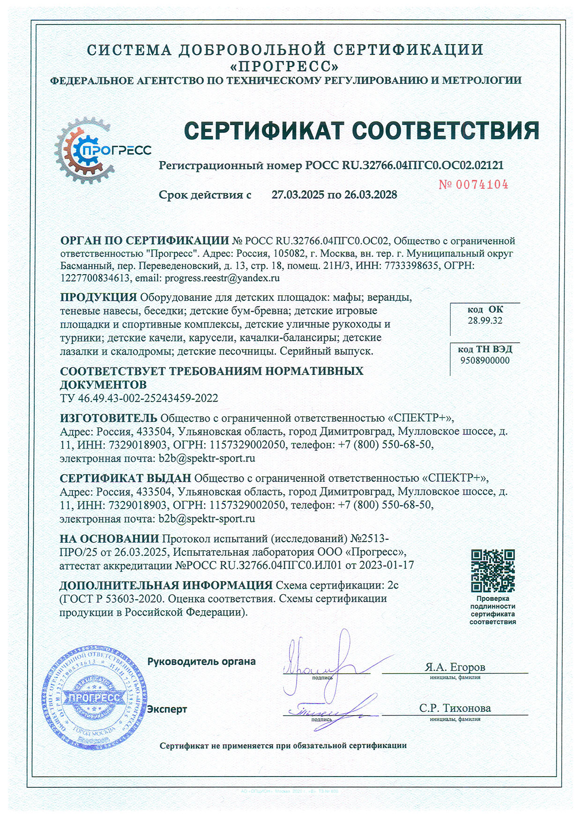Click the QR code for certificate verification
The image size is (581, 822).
[x=492, y=570]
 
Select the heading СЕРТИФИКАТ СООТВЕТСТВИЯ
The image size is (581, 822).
[x=361, y=131]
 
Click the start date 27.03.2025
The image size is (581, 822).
[x=298, y=195]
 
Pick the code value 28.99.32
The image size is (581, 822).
[x=485, y=321]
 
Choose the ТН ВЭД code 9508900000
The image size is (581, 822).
[x=485, y=360]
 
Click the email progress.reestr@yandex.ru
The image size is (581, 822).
[x=223, y=278]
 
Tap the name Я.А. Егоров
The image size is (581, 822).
[x=454, y=667]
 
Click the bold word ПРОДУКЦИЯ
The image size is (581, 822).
[x=98, y=297]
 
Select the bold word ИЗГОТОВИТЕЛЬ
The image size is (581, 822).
[x=109, y=418]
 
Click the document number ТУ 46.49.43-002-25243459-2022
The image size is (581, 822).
[x=139, y=398]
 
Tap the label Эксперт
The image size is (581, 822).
[x=167, y=710]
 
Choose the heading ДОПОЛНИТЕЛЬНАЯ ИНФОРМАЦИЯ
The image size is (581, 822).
[x=166, y=585]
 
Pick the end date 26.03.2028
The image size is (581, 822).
[x=371, y=195]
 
